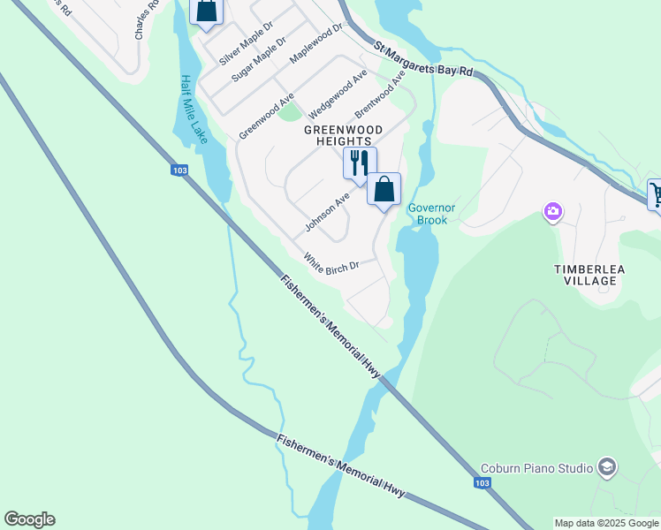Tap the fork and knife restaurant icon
(x=359, y=163)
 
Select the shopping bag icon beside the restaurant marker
(x=384, y=189)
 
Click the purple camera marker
(x=553, y=210)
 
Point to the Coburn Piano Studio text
(x=536, y=467)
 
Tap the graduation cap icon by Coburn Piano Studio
(x=606, y=466)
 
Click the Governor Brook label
(x=431, y=214)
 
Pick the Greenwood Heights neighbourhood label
(x=344, y=135)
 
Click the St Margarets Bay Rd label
(x=423, y=58)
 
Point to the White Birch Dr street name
(x=331, y=262)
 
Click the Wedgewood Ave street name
(x=338, y=95)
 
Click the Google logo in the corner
(x=29, y=519)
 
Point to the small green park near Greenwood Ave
(x=289, y=112)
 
